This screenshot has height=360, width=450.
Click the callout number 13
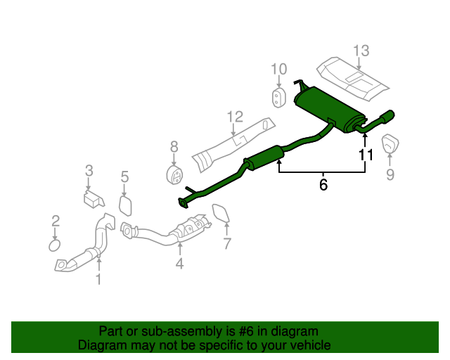tap(361, 51)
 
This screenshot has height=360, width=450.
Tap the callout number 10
tap(279, 69)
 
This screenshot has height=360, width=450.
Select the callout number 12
tap(234, 116)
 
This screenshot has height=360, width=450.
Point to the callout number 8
tap(174, 147)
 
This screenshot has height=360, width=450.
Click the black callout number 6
tap(323, 185)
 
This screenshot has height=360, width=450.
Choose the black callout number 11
tap(366, 155)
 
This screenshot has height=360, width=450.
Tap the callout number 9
tap(390, 174)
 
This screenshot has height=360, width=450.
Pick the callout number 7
tap(227, 244)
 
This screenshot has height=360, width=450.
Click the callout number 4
tap(179, 264)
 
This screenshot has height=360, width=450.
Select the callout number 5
tap(124, 177)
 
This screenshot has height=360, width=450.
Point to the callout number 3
tap(89, 170)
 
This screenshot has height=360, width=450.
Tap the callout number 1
tap(98, 279)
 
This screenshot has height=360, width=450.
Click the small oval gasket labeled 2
tap(55, 245)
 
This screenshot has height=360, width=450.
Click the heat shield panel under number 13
tap(352, 77)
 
